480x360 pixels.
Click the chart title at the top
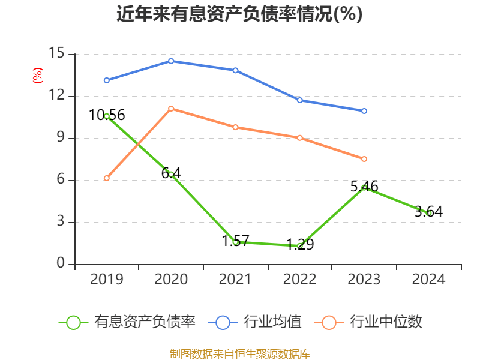pyautogui.click(x=239, y=14)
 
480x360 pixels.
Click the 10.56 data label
pyautogui.click(x=107, y=115)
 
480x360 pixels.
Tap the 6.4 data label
pyautogui.click(x=171, y=173)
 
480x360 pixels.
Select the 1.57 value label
pyautogui.click(x=235, y=241)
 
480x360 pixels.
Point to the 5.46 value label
pyautogui.click(x=364, y=187)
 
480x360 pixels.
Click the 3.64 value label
pyautogui.click(x=428, y=211)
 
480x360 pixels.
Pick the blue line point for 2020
pyautogui.click(x=171, y=61)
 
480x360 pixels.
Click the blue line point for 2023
pyautogui.click(x=364, y=111)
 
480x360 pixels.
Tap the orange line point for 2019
pyautogui.click(x=107, y=178)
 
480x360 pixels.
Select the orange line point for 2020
pyautogui.click(x=171, y=109)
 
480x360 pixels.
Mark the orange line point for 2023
pyautogui.click(x=364, y=159)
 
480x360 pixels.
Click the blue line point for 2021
pyautogui.click(x=235, y=70)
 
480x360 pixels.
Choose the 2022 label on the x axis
pyautogui.click(x=299, y=280)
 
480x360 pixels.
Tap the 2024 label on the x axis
pyautogui.click(x=428, y=280)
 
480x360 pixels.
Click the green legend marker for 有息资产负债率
pyautogui.click(x=73, y=322)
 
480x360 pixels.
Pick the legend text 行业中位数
pyautogui.click(x=385, y=322)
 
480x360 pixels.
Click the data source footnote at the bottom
pyautogui.click(x=239, y=354)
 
